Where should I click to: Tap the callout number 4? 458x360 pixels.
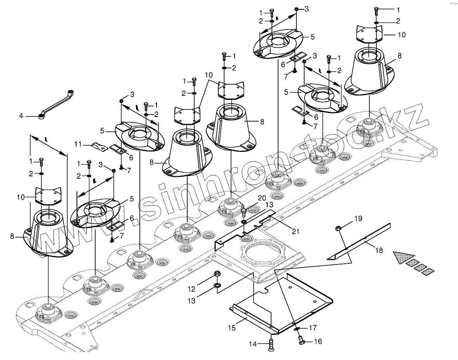point(22,116)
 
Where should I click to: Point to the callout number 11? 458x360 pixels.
point(77,144)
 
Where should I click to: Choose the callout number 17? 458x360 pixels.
point(313,328)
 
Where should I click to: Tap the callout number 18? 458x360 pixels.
point(379,250)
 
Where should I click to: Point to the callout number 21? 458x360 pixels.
point(296,231)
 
